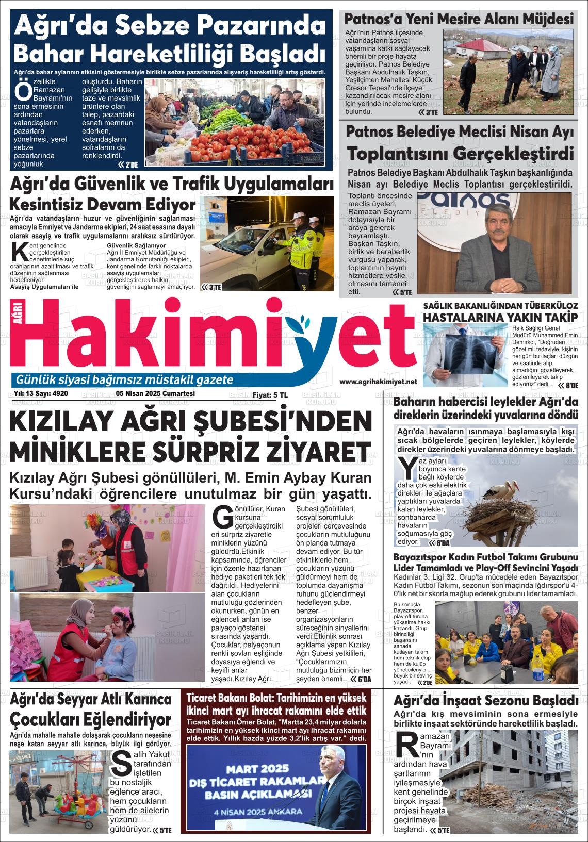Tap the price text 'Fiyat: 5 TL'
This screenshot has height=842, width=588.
point(270,395)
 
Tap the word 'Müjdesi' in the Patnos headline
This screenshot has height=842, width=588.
point(548,19)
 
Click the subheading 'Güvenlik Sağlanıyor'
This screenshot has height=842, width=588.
point(136,246)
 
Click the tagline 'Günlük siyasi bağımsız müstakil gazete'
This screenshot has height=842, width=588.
point(125,380)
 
